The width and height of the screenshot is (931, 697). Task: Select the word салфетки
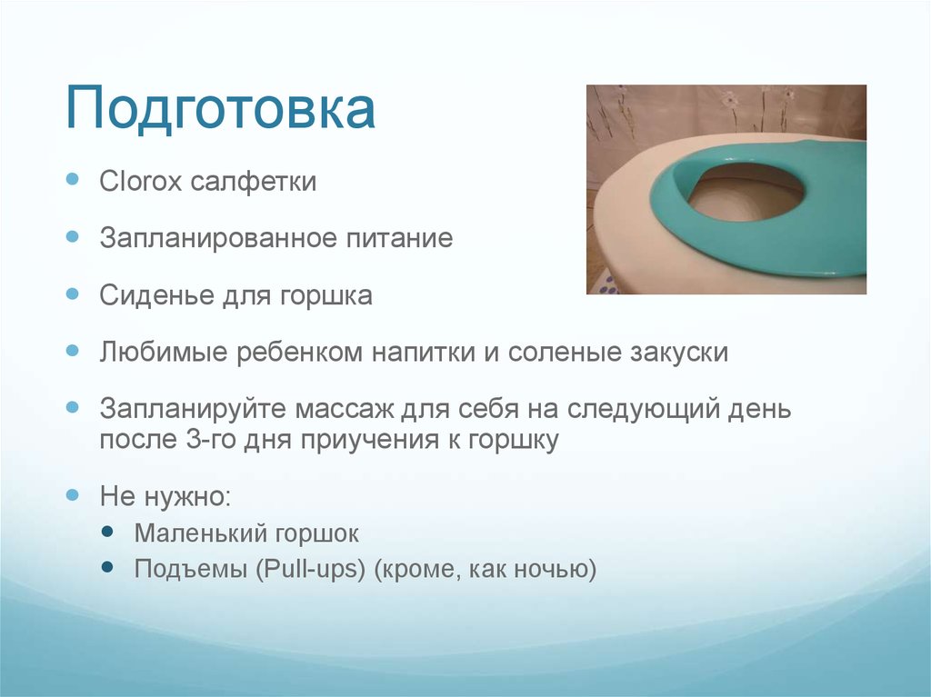coord(254,182)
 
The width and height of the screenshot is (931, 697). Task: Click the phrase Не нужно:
coord(165,497)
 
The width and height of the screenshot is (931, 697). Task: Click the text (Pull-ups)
coord(311,571)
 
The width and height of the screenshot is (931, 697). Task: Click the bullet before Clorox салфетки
coord(74,180)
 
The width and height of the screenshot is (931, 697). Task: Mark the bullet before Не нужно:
coord(74,495)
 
